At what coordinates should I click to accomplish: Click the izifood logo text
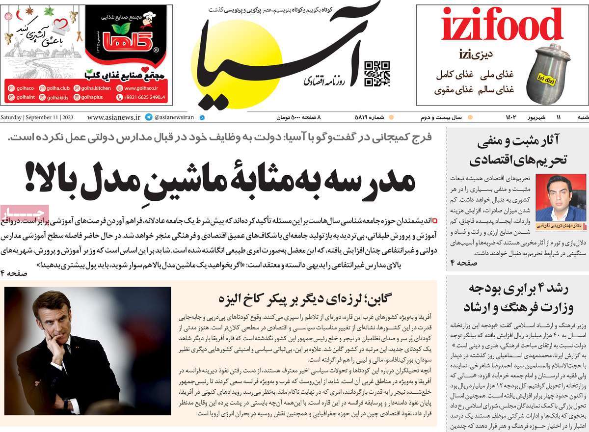pyautogui.click(x=501, y=25)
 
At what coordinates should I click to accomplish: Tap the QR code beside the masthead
pyautogui.click(x=377, y=74)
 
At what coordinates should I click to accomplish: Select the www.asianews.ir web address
pyautogui.click(x=113, y=118)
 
